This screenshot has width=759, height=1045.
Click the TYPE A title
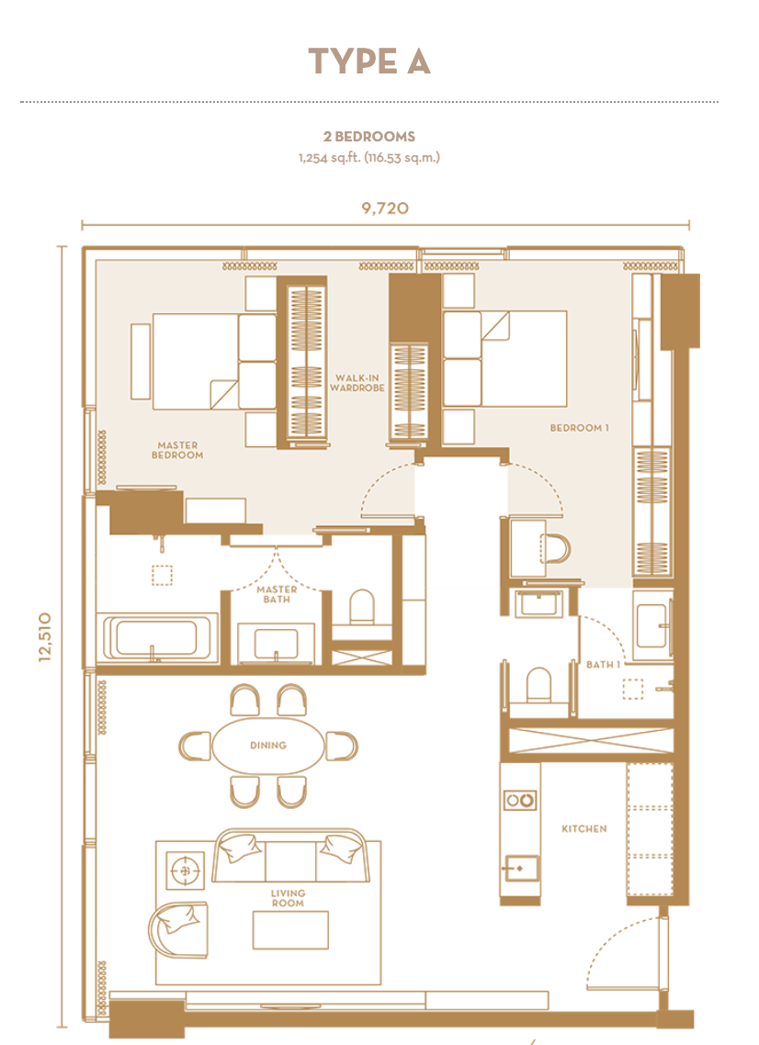coord(368,62)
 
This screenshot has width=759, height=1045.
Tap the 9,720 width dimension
coord(385,208)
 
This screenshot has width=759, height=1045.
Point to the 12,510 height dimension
coord(45,636)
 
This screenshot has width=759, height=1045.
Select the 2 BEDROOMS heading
coord(368,137)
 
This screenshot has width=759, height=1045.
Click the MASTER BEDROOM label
coord(177,450)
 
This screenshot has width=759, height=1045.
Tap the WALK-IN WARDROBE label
coord(357,383)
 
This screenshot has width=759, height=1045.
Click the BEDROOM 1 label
coord(579,428)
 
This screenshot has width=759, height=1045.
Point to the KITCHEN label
coord(584,829)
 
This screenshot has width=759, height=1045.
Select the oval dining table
coord(268,745)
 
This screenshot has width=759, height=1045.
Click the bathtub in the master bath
coord(157,638)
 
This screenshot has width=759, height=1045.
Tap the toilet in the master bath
coord(362,606)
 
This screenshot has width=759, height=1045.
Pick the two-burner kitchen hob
coord(520,799)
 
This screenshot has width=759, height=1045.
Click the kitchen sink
coord(522,869)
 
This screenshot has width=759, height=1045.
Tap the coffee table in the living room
coord(290,929)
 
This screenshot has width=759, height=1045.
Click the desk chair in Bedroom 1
coord(556,548)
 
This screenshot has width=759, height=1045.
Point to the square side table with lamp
coord(186,870)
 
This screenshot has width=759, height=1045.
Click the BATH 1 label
coord(603,665)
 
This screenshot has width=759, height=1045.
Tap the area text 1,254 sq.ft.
coord(330,158)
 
